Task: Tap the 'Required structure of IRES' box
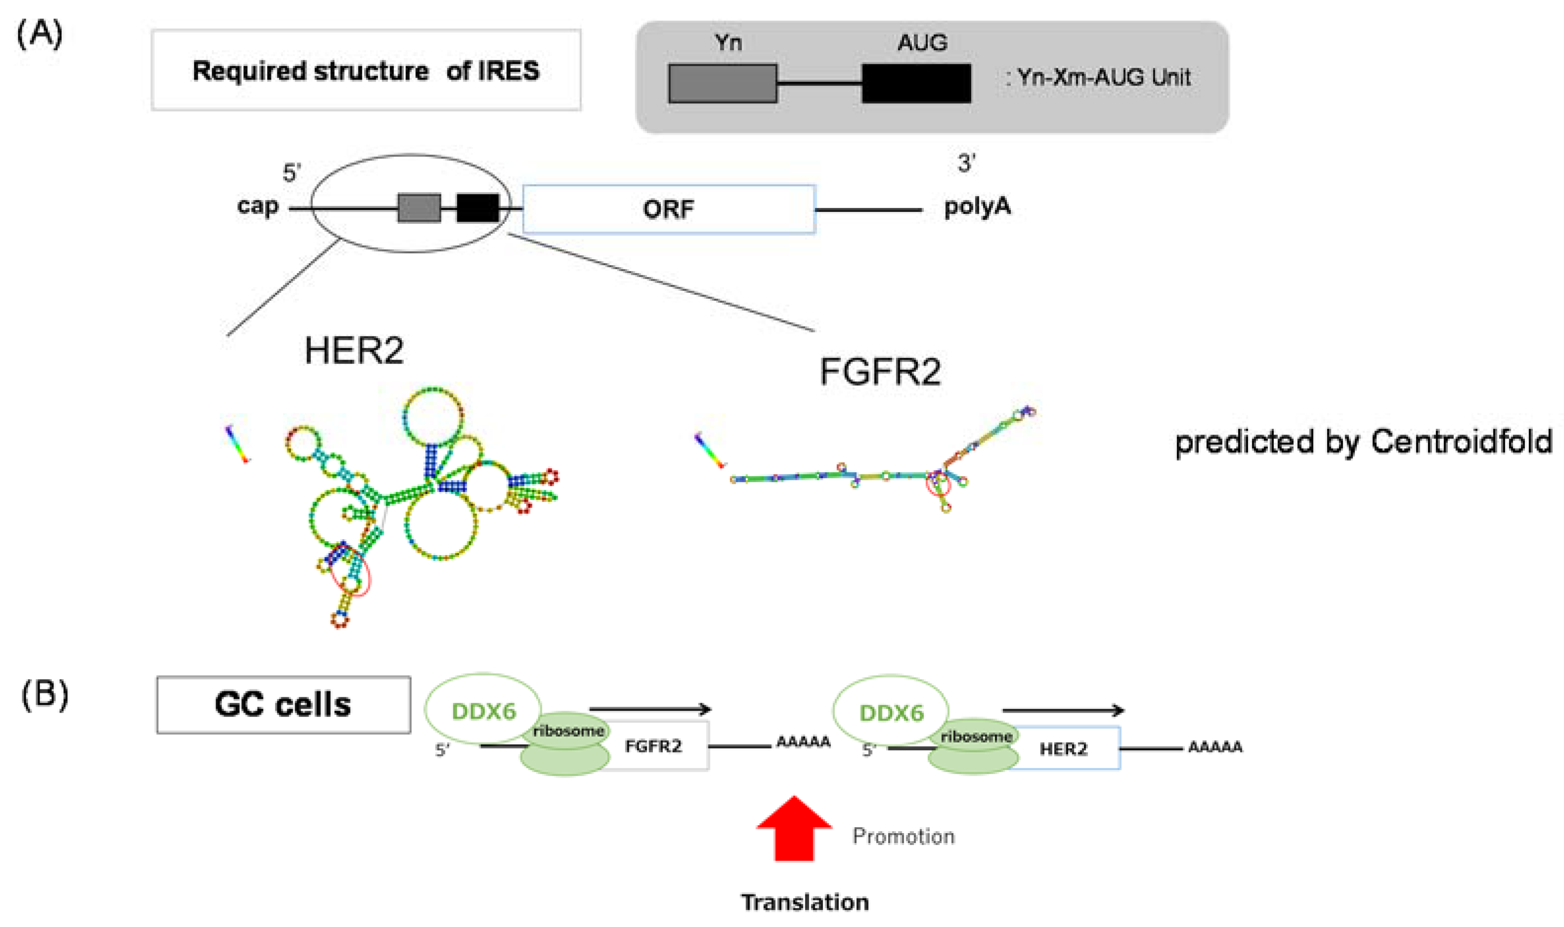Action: tap(366, 71)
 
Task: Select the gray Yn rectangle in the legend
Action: tap(723, 83)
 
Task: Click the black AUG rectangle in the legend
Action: tap(916, 83)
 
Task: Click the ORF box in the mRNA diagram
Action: tap(668, 208)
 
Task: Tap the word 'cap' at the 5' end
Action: tap(258, 205)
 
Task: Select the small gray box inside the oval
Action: tap(419, 208)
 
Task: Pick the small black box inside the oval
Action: tap(478, 208)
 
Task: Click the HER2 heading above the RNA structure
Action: tap(354, 351)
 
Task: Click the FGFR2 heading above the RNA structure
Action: tap(879, 372)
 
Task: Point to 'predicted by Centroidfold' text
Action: tap(1363, 442)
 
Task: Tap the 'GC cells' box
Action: tap(283, 705)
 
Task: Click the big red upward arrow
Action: tap(794, 828)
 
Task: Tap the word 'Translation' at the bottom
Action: tap(805, 902)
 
